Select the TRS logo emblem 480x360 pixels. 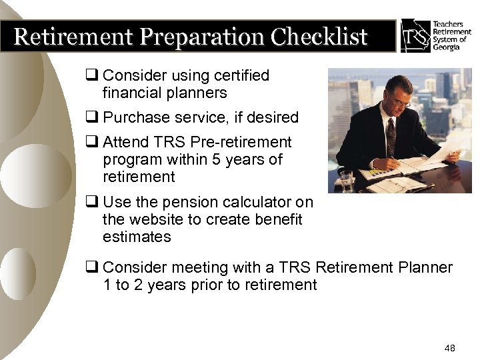click(415, 35)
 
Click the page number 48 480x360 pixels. click(449, 349)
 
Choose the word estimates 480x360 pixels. click(137, 237)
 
